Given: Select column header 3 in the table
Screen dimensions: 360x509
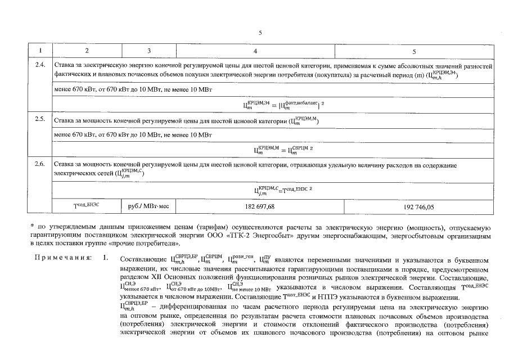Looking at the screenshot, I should [x=148, y=51].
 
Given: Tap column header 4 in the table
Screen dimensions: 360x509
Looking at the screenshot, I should [x=256, y=51].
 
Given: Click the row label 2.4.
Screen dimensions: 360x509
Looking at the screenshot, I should [x=40, y=65].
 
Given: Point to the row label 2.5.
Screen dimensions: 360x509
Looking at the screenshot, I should [x=40, y=120].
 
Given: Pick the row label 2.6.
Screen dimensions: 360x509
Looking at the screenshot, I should [x=40, y=164].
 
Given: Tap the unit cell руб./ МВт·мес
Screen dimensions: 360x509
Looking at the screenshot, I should [x=148, y=207].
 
